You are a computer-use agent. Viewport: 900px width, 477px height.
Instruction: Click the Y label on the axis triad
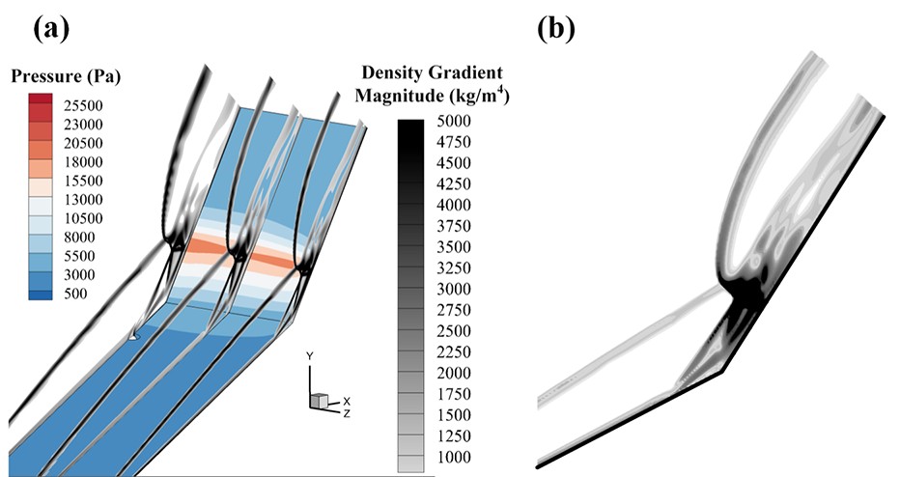tap(310, 355)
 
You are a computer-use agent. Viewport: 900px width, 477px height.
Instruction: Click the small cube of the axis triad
tap(317, 399)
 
